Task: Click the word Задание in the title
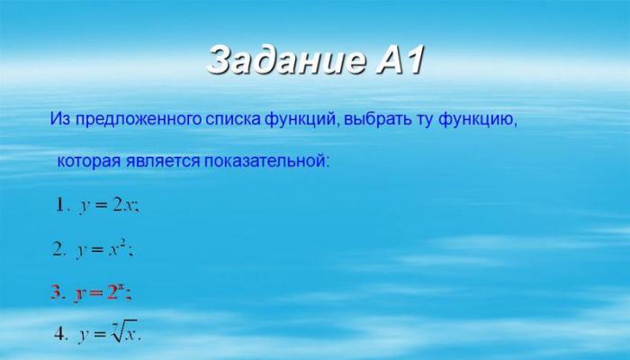click(x=287, y=60)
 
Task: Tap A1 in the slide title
click(x=400, y=60)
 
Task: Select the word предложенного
click(x=138, y=120)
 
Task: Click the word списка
click(x=233, y=120)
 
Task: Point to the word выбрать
click(x=378, y=119)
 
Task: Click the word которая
click(x=89, y=161)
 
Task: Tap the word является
click(x=162, y=161)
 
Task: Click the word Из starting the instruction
click(x=60, y=119)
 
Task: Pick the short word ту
click(x=426, y=120)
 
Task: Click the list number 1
click(x=60, y=206)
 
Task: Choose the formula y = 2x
click(x=109, y=206)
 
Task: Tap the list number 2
click(x=58, y=250)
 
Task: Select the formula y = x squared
click(x=103, y=249)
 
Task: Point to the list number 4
click(x=60, y=334)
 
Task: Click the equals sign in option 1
click(x=100, y=206)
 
